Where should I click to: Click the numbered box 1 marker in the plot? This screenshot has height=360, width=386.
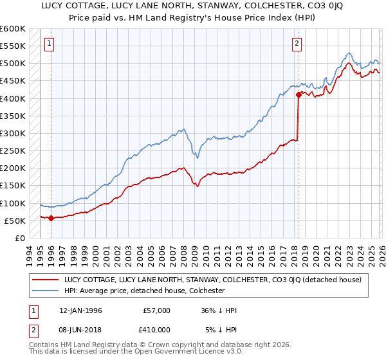click(50, 44)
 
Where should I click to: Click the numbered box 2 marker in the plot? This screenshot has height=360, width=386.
click(297, 44)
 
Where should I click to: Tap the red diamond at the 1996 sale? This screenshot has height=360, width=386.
click(51, 218)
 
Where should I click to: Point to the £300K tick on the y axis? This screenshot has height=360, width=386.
click(13, 134)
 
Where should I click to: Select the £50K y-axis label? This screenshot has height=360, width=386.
click(15, 221)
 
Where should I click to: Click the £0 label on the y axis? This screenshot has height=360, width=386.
click(20, 239)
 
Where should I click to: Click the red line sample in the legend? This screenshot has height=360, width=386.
click(46, 280)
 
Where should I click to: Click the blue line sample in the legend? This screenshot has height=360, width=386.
click(46, 291)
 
